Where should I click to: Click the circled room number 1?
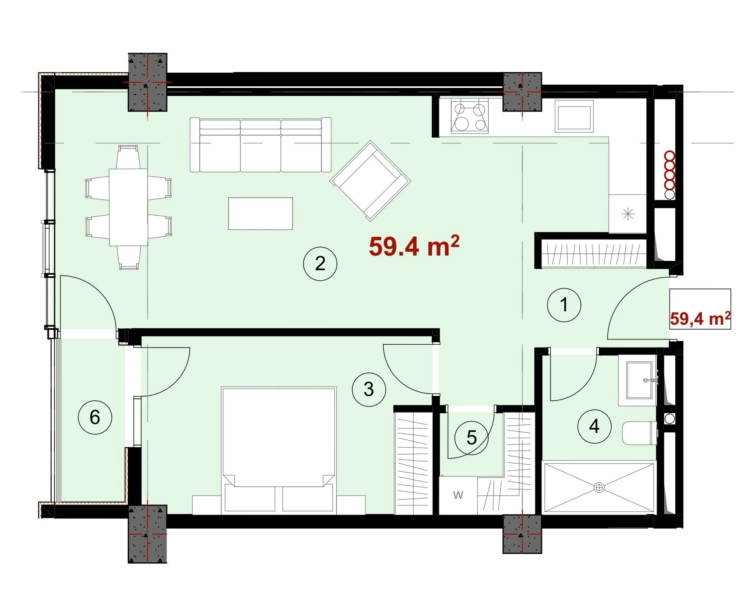pyautogui.click(x=564, y=305)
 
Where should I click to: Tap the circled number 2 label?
pyautogui.click(x=320, y=264)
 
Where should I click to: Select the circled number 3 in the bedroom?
pyautogui.click(x=369, y=389)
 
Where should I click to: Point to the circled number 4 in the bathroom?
pyautogui.click(x=594, y=426)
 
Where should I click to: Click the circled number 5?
pyautogui.click(x=472, y=438)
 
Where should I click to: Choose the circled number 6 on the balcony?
pyautogui.click(x=95, y=417)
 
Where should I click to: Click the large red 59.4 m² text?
pyautogui.click(x=414, y=246)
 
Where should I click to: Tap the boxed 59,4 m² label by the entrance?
pyautogui.click(x=700, y=318)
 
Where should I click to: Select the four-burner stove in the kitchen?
pyautogui.click(x=470, y=116)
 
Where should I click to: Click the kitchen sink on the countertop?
pyautogui.click(x=574, y=116)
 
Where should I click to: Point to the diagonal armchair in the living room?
pyautogui.click(x=370, y=181)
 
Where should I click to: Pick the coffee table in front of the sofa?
pyautogui.click(x=260, y=214)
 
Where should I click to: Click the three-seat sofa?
pyautogui.click(x=261, y=145)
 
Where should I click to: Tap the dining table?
pyautogui.click(x=128, y=207)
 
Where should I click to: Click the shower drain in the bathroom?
pyautogui.click(x=599, y=487)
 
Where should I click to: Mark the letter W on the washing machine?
pyautogui.click(x=458, y=495)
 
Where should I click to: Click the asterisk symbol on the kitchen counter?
pyautogui.click(x=629, y=214)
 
